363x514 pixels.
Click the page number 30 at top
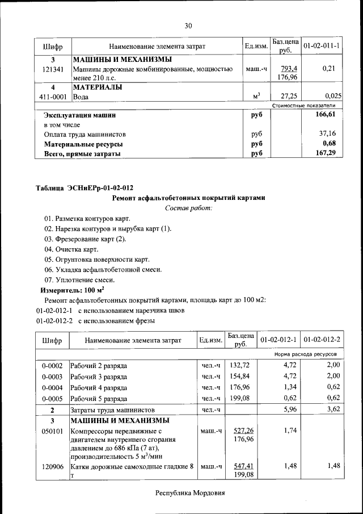coord(188,26)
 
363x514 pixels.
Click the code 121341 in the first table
coord(53,69)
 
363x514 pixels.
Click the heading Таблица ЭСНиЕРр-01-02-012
coord(85,188)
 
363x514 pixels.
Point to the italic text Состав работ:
coord(188,208)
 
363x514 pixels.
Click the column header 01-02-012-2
coord(322,340)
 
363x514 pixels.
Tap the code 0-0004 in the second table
coord(52,387)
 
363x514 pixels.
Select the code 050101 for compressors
coord(52,431)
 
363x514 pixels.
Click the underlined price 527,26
coord(243,431)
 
